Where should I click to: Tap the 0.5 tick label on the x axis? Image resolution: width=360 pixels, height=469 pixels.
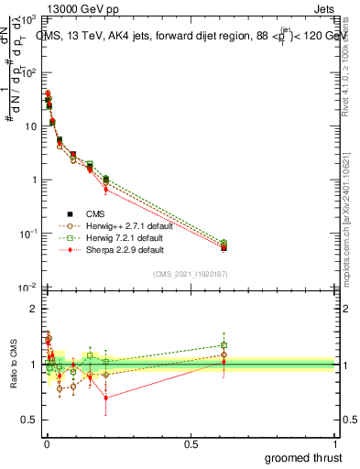191,444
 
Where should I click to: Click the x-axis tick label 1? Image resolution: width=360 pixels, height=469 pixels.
334,444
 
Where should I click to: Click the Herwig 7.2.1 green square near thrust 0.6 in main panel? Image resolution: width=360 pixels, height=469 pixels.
224,243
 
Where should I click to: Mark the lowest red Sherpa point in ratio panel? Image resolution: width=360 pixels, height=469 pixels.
106,398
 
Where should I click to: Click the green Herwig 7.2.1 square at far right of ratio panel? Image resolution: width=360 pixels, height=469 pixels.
224,345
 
